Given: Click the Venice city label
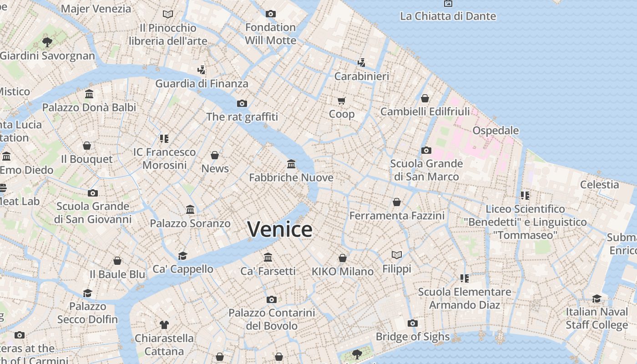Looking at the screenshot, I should (x=280, y=229).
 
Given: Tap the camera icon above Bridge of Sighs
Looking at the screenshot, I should (x=413, y=323).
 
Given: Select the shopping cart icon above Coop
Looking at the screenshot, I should (x=342, y=100).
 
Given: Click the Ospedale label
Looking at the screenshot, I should (x=495, y=131).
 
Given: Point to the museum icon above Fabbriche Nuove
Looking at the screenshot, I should (x=291, y=164).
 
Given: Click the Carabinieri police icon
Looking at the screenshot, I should (x=362, y=62).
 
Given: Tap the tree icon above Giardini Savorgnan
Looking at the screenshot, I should (x=47, y=42).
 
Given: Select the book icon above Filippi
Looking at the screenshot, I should (x=397, y=255).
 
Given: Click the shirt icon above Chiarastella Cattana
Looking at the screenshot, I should (x=164, y=325).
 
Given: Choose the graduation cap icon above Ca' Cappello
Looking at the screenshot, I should (x=183, y=255).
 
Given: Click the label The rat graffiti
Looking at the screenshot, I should (x=242, y=117).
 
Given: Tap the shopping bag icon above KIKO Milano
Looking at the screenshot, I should (x=343, y=258).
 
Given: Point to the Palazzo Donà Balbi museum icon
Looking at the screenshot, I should (x=89, y=94).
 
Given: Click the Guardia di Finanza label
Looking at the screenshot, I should (x=202, y=84).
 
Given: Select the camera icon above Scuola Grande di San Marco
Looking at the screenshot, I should (x=426, y=150).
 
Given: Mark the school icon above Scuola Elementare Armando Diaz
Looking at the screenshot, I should (x=464, y=278).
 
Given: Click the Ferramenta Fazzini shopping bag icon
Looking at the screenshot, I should (x=397, y=202).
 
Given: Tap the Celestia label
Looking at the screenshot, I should (x=599, y=185).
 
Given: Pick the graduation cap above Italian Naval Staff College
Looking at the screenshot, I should (x=597, y=298).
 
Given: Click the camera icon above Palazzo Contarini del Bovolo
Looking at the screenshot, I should (x=272, y=299).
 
